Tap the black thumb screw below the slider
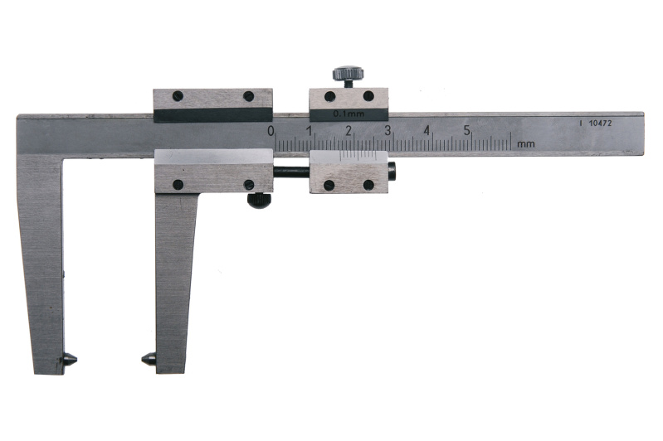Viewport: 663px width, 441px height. click(x=259, y=201)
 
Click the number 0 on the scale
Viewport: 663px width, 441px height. click(x=271, y=131)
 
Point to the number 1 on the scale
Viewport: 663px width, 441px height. click(x=310, y=131)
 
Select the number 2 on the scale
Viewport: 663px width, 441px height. click(x=349, y=131)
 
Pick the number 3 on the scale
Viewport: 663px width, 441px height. click(x=388, y=131)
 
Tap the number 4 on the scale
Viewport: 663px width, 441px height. click(x=427, y=131)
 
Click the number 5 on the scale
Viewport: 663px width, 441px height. click(x=466, y=131)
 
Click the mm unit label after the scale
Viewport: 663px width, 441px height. click(x=526, y=144)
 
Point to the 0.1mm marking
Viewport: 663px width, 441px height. click(x=349, y=114)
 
